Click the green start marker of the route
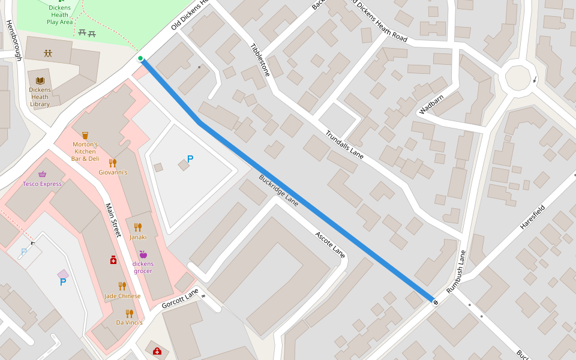tap(140, 58)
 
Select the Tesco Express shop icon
tap(42, 175)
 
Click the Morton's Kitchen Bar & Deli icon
tap(85, 136)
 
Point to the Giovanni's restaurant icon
tap(113, 163)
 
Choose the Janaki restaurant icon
tap(138, 227)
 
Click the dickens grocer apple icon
tap(143, 254)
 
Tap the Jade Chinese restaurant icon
tap(122, 286)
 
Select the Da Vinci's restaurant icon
tap(130, 313)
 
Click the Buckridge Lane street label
tap(278, 190)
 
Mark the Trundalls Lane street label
tap(344, 145)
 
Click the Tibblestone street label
tap(260, 59)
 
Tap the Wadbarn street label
tap(433, 104)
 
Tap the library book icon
tap(40, 80)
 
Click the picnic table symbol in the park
tap(87, 33)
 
